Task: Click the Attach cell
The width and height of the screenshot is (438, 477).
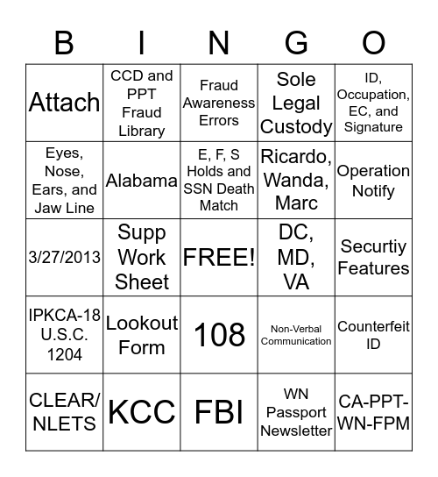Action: click(x=64, y=103)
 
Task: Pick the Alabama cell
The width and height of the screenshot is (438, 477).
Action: click(x=142, y=181)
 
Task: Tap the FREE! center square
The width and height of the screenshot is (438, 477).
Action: click(x=219, y=257)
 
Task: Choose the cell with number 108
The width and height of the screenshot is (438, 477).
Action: click(x=219, y=334)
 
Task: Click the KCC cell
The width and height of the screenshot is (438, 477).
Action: click(x=142, y=411)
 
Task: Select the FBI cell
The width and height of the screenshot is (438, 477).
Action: click(x=219, y=411)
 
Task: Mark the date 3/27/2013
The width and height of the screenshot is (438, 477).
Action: click(x=64, y=258)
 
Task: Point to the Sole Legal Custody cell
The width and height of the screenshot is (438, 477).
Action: click(x=297, y=103)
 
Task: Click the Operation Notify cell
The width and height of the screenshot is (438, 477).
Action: click(x=373, y=181)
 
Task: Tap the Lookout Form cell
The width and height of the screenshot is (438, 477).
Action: click(x=142, y=335)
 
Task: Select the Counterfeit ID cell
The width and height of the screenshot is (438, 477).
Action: click(x=373, y=335)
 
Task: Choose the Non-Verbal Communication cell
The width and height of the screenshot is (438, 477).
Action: click(x=297, y=335)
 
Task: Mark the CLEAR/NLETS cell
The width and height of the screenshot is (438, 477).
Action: click(x=64, y=411)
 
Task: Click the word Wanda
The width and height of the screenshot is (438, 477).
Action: click(x=297, y=180)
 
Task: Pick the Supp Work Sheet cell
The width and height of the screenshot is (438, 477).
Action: click(x=142, y=257)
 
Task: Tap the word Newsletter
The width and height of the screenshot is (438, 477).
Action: click(x=297, y=431)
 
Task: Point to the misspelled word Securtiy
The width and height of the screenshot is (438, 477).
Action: click(x=373, y=247)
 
